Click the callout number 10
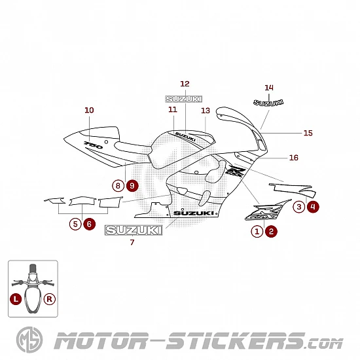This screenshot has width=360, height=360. [89, 110]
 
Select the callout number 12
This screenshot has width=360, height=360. [185, 84]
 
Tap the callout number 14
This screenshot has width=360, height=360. [269, 88]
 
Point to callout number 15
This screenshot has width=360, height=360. [308, 133]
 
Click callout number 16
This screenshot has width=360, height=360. [294, 158]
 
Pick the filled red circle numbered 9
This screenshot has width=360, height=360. [132, 185]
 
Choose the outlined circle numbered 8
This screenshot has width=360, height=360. [118, 185]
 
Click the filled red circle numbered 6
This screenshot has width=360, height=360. [89, 224]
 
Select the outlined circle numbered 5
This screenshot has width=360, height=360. [75, 224]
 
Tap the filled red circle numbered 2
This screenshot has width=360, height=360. [271, 231]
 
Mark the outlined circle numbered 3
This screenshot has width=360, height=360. [299, 207]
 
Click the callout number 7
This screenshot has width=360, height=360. [132, 242]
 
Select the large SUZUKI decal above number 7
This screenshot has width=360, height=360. [134, 230]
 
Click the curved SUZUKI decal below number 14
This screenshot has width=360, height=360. [268, 103]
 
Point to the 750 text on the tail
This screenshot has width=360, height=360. [94, 145]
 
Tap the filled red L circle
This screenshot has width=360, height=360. [16, 299]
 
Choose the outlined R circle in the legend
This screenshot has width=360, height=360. [50, 299]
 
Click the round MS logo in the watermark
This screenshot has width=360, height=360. [29, 340]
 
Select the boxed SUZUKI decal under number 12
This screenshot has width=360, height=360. [184, 99]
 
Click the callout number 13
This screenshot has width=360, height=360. [206, 111]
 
